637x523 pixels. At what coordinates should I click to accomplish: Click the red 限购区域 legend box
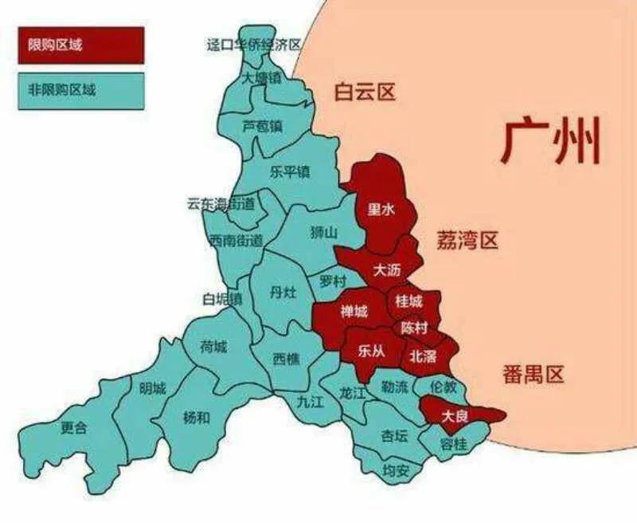point(80,45)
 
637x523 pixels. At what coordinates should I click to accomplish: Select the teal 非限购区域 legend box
point(80,91)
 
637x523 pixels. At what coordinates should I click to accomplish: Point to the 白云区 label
point(364,92)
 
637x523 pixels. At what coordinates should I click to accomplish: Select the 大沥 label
point(387,270)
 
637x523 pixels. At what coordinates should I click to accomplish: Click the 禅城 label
point(354,312)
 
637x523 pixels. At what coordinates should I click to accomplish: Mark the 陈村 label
point(414,328)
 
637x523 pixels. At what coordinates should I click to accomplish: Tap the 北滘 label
point(423,357)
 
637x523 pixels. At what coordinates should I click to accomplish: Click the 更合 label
point(74,427)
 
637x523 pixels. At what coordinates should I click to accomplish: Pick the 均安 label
point(396,470)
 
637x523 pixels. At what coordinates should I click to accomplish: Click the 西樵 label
point(287,359)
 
